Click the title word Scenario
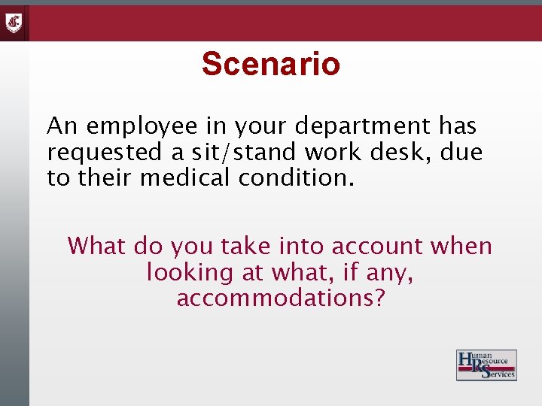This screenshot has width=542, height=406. [x=271, y=64]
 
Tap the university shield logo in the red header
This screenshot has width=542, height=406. [x=14, y=23]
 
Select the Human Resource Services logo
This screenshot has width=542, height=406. [x=486, y=365]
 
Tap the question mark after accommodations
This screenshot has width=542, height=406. [x=379, y=298]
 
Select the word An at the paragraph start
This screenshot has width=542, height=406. [x=62, y=126]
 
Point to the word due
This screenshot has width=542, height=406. [x=462, y=153]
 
